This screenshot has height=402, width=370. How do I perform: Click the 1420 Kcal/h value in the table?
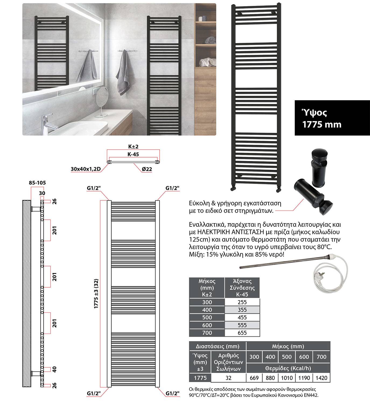[321, 378]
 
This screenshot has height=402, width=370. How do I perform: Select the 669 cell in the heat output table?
[254, 378]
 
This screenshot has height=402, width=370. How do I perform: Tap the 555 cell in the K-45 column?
[242, 325]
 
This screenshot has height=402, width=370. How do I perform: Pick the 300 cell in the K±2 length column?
[207, 302]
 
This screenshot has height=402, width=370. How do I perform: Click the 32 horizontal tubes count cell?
[228, 378]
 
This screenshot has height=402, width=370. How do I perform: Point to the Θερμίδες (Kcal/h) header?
[288, 368]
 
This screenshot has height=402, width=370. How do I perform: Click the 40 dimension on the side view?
[55, 369]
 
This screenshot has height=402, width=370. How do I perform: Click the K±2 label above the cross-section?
[133, 147]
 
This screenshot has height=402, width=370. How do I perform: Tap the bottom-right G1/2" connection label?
[172, 394]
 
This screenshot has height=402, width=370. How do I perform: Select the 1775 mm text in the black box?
[322, 124]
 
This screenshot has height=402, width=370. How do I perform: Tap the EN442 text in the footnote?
[312, 395]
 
